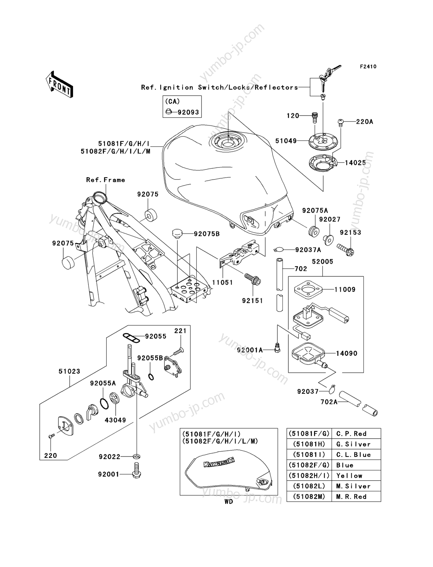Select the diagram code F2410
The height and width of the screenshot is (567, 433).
click(368, 66)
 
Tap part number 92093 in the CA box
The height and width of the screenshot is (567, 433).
click(188, 112)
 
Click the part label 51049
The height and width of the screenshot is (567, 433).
click(286, 141)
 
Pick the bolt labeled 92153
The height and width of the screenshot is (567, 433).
click(345, 249)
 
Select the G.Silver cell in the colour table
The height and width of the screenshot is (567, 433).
click(353, 444)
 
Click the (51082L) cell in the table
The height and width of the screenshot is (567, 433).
click(309, 486)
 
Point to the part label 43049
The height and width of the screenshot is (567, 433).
click(115, 420)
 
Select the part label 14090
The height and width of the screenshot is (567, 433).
click(347, 353)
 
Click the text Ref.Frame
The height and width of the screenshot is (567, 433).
click(106, 180)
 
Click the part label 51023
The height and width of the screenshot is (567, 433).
click(69, 371)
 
